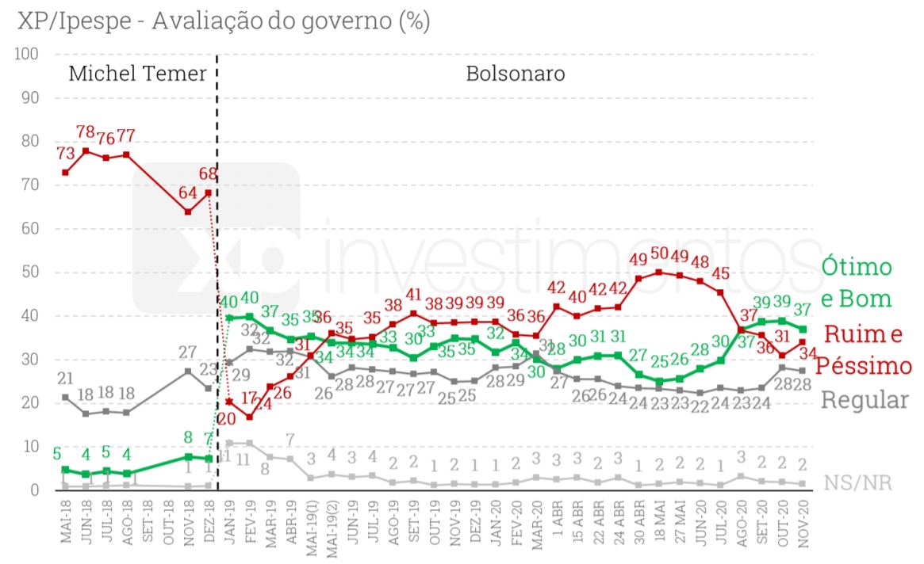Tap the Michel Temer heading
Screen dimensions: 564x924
137,74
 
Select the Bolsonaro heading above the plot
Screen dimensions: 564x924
515,74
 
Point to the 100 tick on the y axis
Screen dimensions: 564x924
27,54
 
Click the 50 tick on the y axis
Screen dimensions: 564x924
30,272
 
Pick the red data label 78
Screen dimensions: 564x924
86,132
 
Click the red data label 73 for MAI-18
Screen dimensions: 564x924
65,153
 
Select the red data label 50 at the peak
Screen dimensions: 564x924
658,254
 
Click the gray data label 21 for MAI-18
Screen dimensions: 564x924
65,378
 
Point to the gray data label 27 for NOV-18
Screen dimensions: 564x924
187,352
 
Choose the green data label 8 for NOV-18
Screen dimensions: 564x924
188,436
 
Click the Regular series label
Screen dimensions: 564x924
864,400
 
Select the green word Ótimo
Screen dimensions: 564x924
856,267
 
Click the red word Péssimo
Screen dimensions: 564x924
864,366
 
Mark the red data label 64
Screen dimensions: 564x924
187,192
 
